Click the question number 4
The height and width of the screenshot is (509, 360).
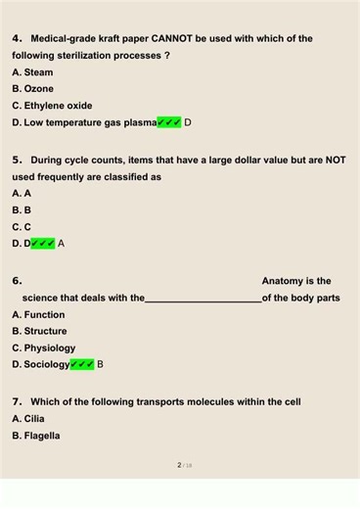[x=17, y=39]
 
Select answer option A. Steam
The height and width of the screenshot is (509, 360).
[x=32, y=72]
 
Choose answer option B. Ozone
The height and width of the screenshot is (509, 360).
[x=32, y=89]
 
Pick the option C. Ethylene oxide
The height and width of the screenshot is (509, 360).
[x=52, y=106]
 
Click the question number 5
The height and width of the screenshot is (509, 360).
[x=17, y=160]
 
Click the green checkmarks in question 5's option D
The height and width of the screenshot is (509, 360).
[x=43, y=243]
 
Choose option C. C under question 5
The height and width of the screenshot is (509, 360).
[x=22, y=226]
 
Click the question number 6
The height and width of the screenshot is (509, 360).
[x=17, y=281]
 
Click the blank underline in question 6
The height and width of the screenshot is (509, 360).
[x=203, y=300]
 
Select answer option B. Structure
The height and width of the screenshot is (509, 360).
[x=39, y=331]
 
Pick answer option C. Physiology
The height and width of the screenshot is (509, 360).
[x=43, y=347]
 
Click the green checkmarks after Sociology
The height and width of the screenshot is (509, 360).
[x=82, y=364]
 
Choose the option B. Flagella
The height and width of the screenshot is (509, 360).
[x=35, y=436]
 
